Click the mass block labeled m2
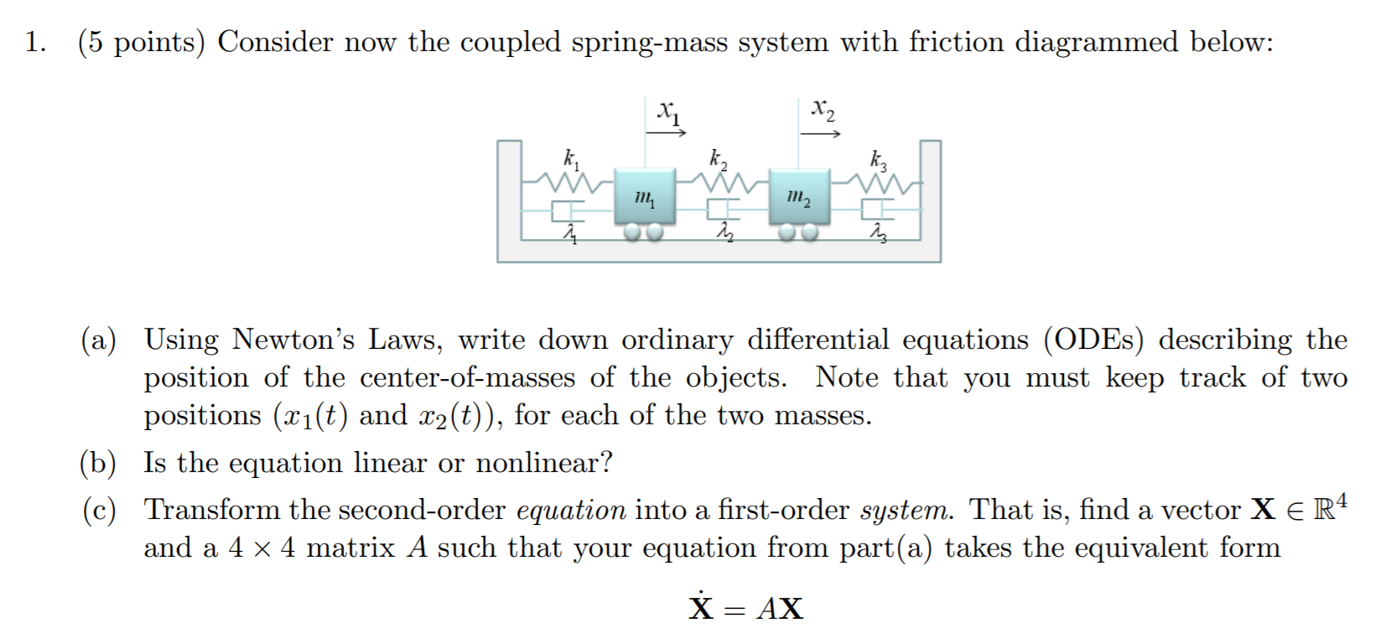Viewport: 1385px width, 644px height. pyautogui.click(x=800, y=196)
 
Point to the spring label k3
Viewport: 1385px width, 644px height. pyautogui.click(x=879, y=158)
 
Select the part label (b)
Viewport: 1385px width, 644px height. pyautogui.click(x=98, y=463)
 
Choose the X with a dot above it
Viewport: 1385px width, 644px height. pyautogui.click(x=701, y=605)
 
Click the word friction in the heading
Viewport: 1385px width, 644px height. pyautogui.click(x=957, y=42)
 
